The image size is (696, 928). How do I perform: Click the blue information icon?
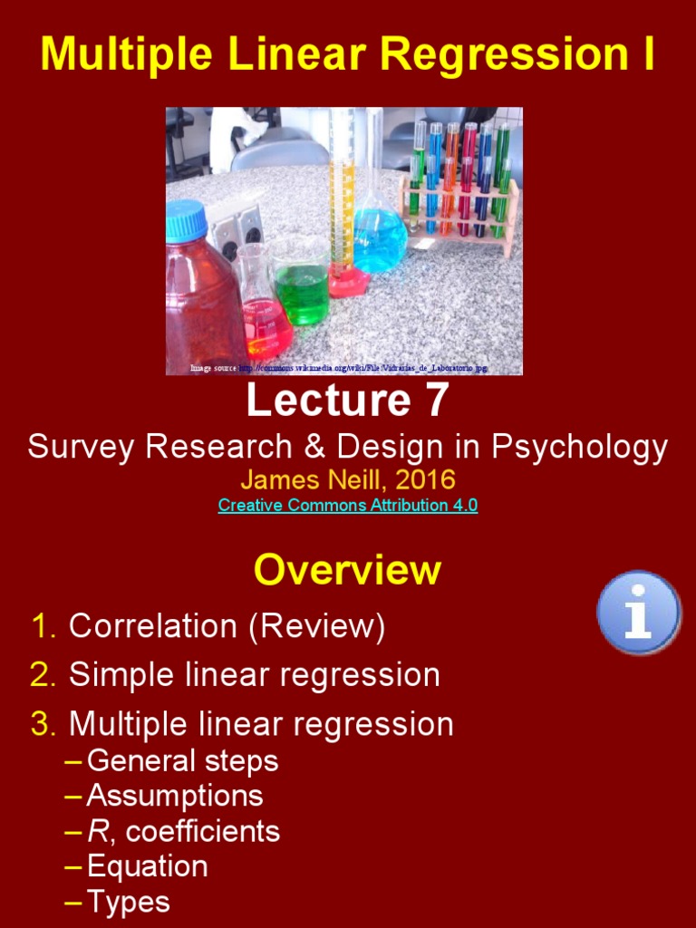(x=639, y=612)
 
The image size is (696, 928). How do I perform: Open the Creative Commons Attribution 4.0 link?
(x=348, y=506)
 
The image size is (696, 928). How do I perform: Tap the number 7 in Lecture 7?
(x=432, y=400)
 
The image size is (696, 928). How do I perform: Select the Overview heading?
(x=348, y=570)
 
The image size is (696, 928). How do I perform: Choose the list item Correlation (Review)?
(x=227, y=626)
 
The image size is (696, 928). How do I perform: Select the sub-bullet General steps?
(x=182, y=760)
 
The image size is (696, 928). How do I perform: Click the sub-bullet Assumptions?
(x=175, y=797)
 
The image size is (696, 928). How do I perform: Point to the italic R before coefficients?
(x=95, y=832)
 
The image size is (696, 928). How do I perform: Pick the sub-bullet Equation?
(x=147, y=867)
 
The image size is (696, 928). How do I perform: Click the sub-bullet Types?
(x=128, y=903)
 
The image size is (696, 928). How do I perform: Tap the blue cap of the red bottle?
(x=187, y=218)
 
